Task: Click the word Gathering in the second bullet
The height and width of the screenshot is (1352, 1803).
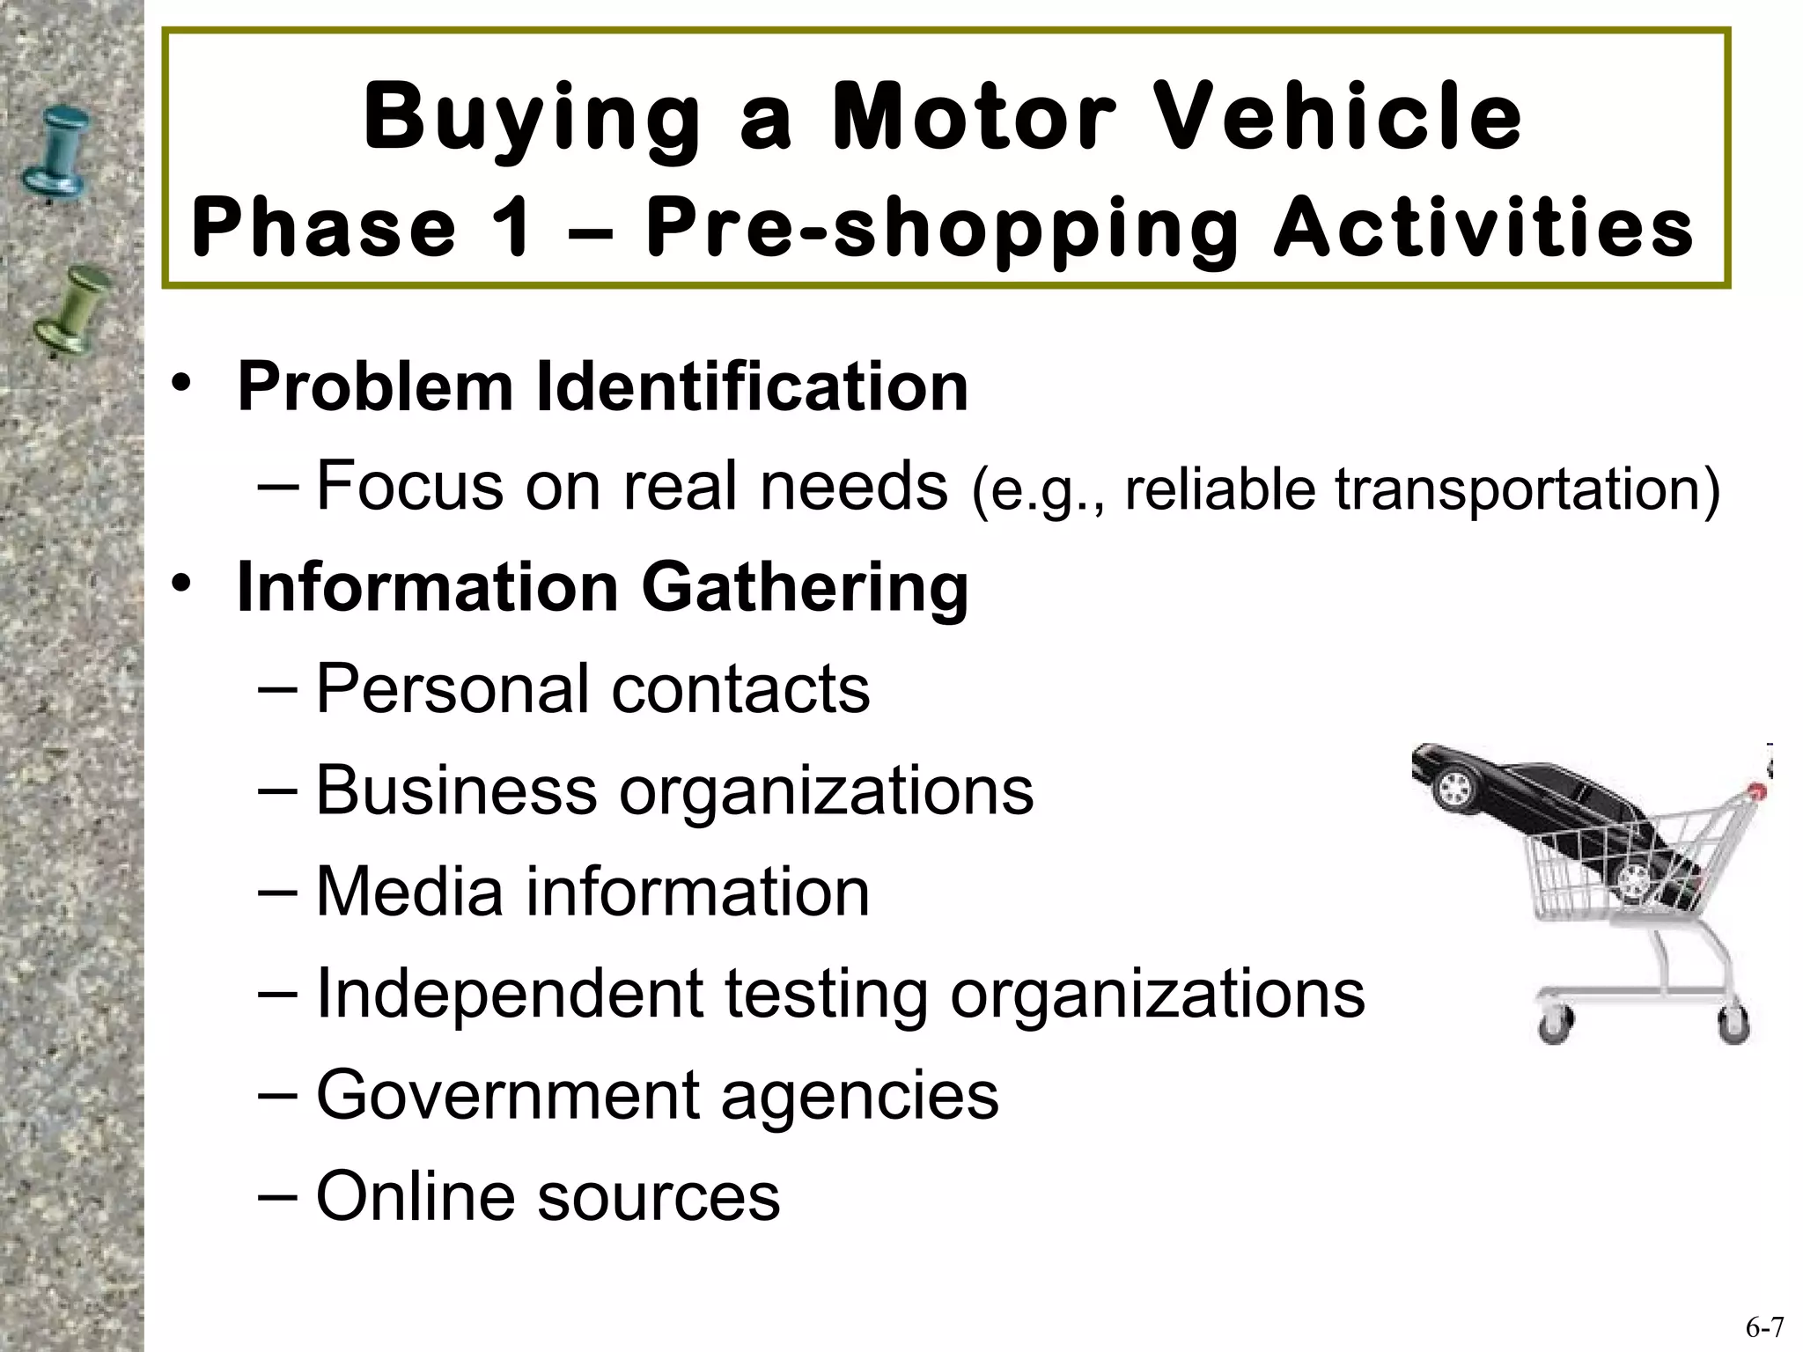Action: [x=805, y=588]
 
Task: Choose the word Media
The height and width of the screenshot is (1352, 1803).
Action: [x=408, y=892]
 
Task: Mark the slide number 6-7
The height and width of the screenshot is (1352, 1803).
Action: [x=1764, y=1327]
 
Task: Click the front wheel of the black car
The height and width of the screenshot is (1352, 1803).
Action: [x=1454, y=786]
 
